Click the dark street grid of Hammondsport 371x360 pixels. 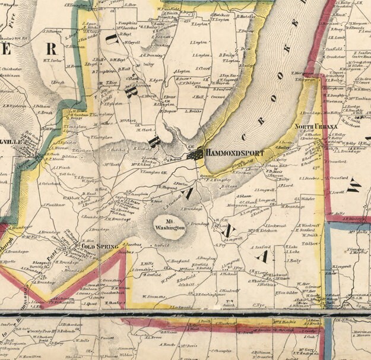point(195,155)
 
